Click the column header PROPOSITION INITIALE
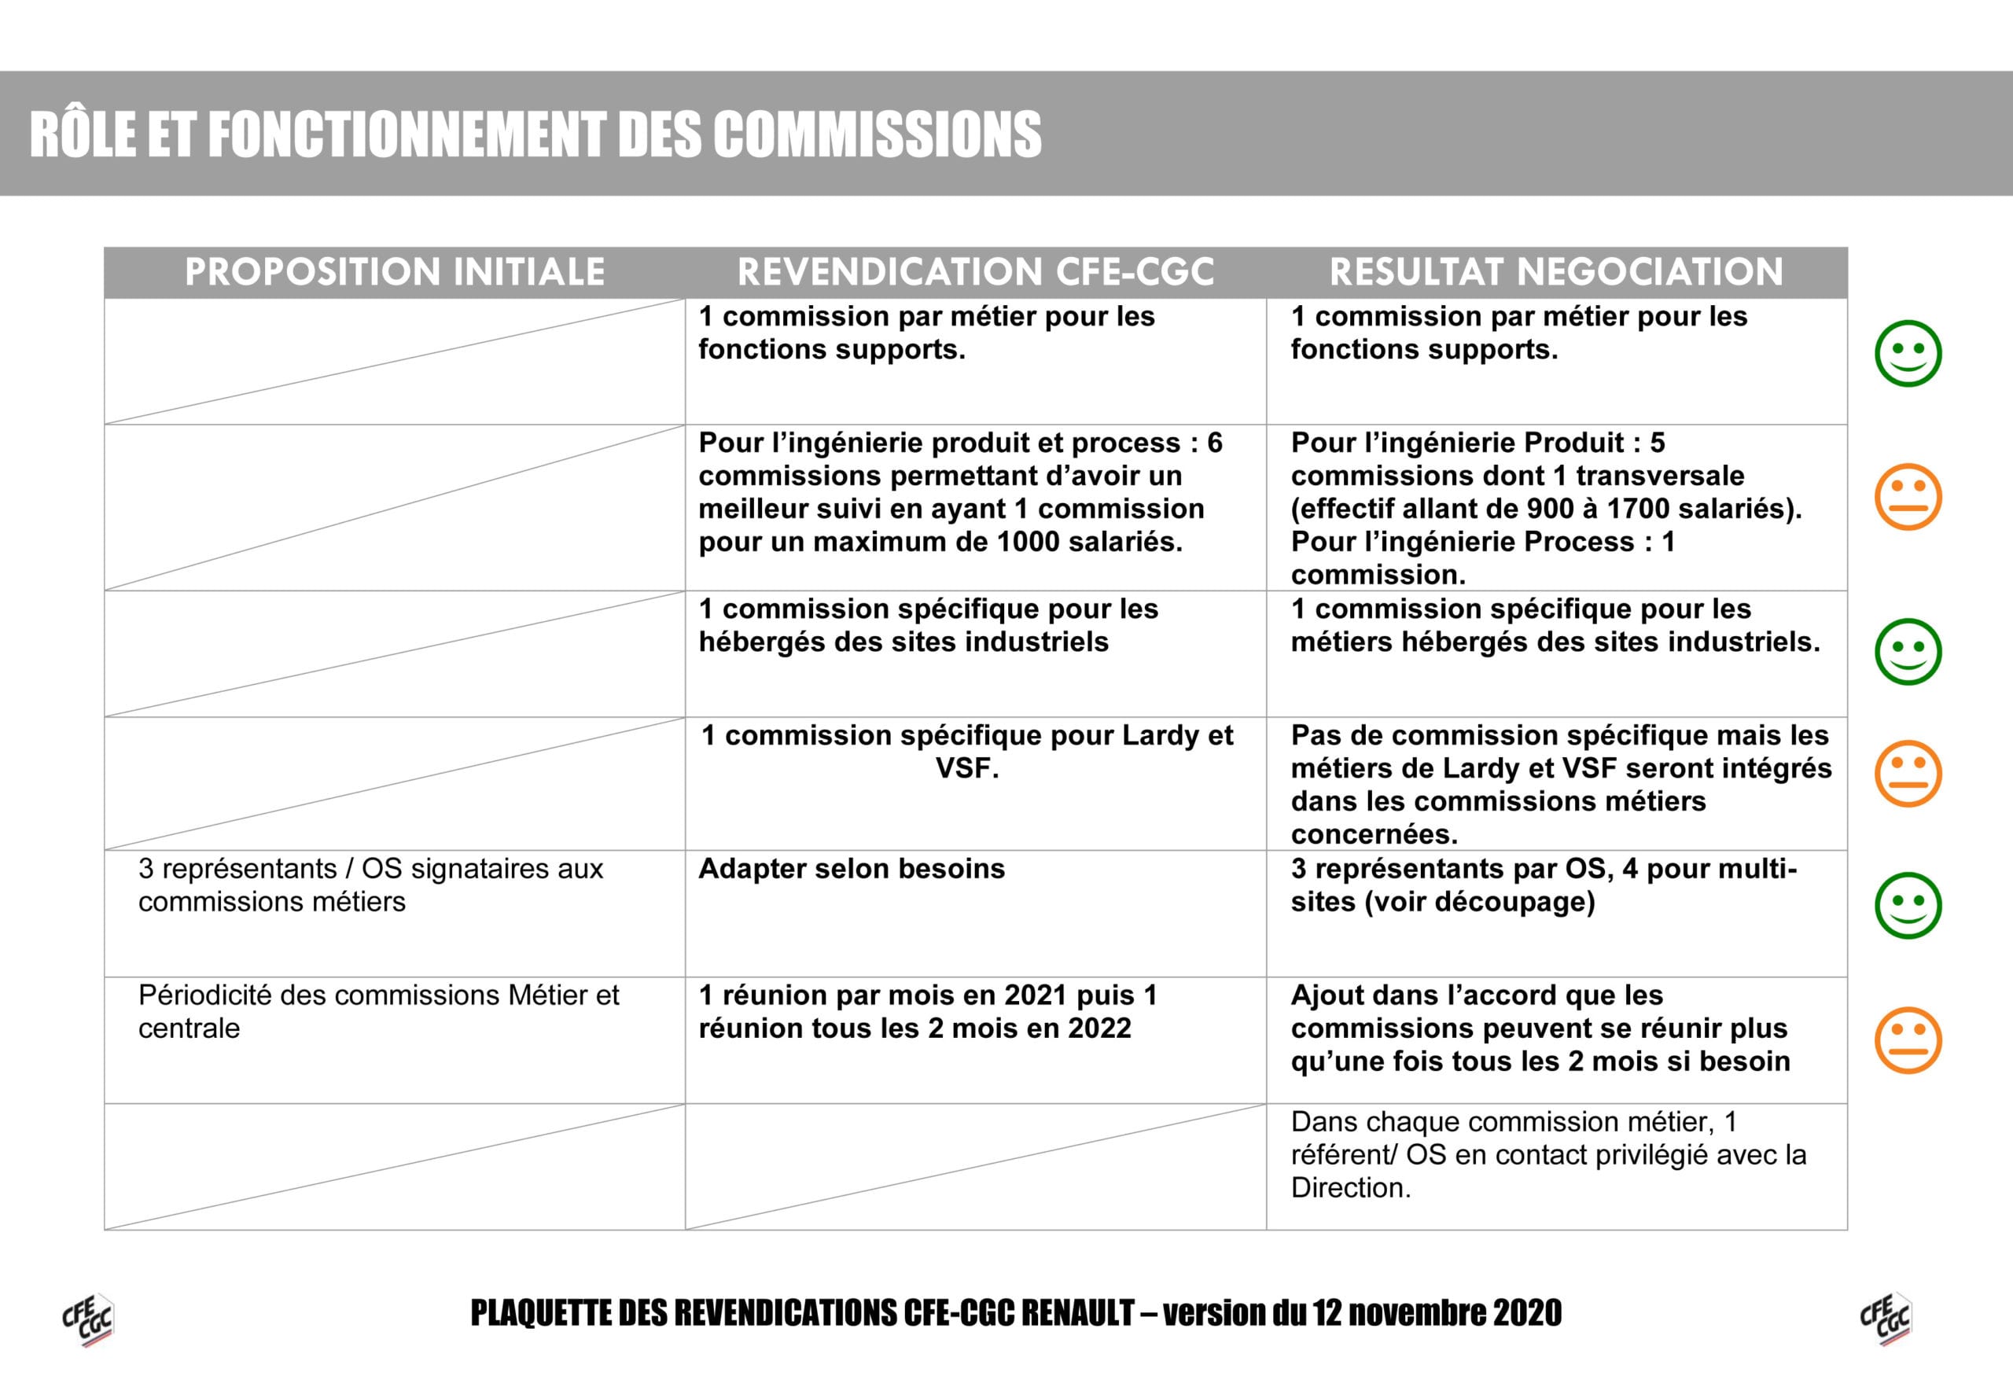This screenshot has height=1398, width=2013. tap(394, 271)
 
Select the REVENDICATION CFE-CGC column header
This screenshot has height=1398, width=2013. tap(975, 271)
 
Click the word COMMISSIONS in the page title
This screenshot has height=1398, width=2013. tap(877, 135)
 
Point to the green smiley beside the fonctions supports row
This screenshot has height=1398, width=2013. tap(1908, 353)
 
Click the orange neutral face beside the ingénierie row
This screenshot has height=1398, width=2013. tap(1908, 497)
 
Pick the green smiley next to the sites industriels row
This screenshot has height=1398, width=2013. tap(1908, 652)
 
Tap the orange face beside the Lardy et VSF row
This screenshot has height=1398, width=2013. tap(1908, 774)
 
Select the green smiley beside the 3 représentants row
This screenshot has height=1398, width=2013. tap(1908, 906)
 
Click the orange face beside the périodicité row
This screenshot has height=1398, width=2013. tap(1908, 1040)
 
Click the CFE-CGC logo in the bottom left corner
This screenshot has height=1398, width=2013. tap(87, 1319)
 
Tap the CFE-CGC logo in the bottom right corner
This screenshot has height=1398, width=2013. tap(1885, 1319)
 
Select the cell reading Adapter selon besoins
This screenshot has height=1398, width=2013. tap(852, 869)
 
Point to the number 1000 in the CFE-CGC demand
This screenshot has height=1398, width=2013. tap(1029, 543)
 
